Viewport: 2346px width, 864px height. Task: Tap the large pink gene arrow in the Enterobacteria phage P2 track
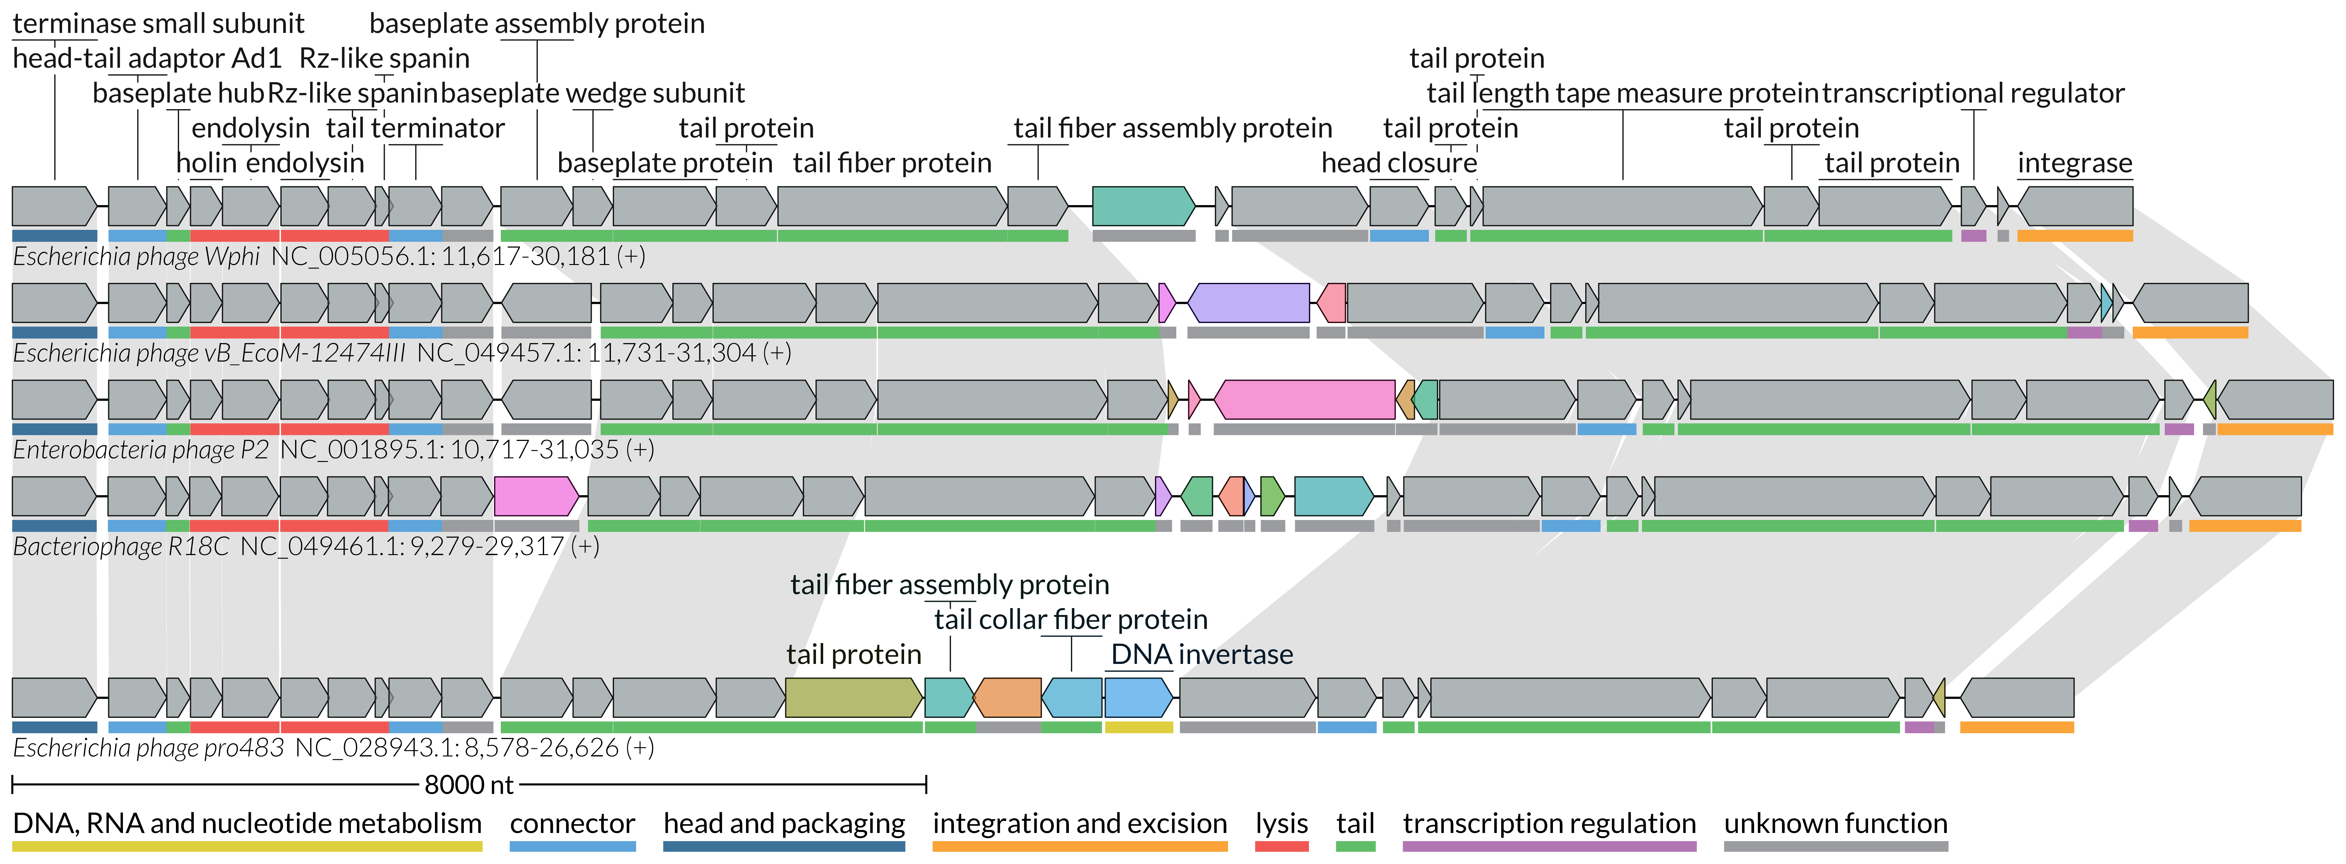tap(1304, 400)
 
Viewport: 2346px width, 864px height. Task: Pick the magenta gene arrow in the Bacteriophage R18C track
tap(536, 496)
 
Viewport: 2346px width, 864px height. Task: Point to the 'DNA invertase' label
tap(1201, 655)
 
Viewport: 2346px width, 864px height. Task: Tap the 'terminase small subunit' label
tap(158, 24)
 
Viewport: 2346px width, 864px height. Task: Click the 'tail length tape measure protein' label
tap(1622, 93)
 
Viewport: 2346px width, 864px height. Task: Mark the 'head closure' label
tap(1399, 163)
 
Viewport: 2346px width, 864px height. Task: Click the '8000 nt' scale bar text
tap(469, 785)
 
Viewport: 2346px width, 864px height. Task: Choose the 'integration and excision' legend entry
tap(1079, 824)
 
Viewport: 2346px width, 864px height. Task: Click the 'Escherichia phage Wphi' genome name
tap(137, 257)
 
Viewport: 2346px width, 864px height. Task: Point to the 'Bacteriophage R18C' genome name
tap(121, 546)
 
